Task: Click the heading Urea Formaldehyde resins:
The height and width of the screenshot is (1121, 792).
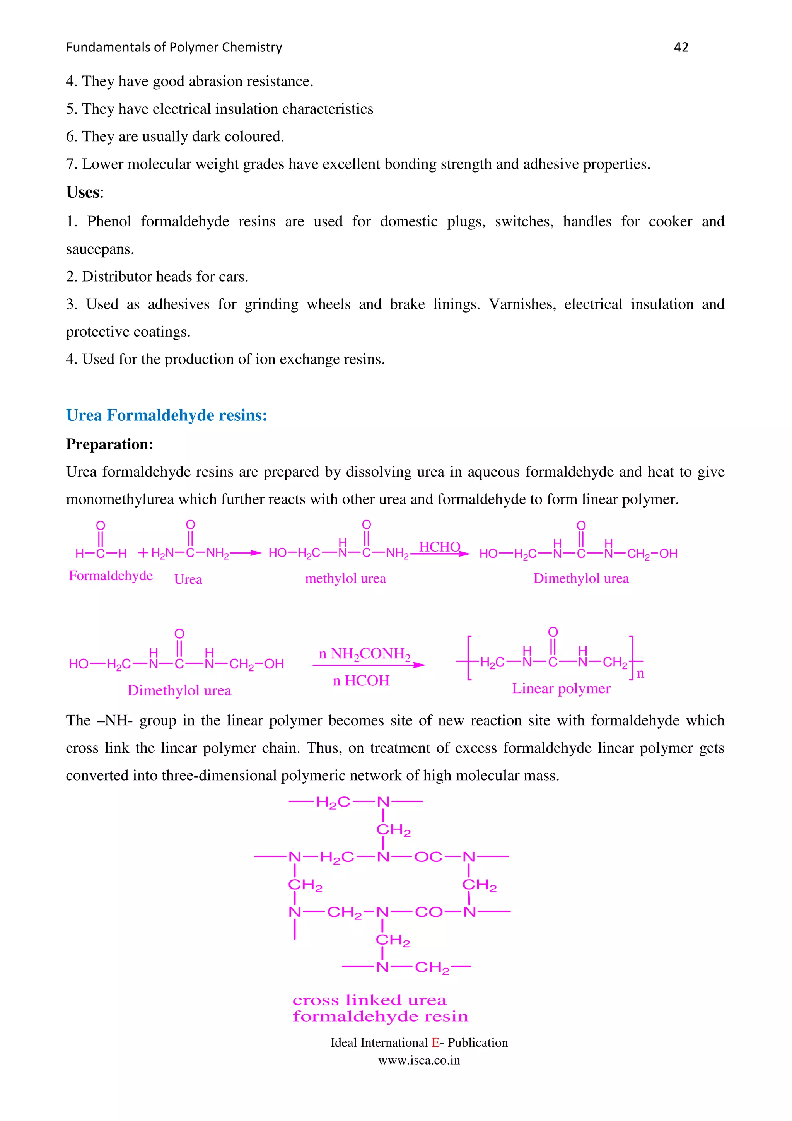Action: (166, 415)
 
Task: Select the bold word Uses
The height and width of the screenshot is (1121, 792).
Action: (83, 192)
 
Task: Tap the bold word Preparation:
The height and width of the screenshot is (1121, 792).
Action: (110, 444)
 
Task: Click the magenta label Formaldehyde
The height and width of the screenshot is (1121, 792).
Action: (111, 576)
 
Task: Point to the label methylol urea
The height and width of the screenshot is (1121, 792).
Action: (345, 579)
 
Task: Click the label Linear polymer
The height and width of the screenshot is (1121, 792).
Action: (561, 689)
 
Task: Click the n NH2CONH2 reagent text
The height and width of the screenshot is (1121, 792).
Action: (365, 654)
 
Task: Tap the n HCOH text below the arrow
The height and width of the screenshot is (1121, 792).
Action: (361, 681)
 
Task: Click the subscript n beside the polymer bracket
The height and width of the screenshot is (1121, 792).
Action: (640, 674)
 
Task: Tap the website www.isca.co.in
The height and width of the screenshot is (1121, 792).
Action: (419, 1060)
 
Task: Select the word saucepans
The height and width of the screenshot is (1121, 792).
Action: (99, 249)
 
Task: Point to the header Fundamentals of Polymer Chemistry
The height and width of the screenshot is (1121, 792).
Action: (174, 47)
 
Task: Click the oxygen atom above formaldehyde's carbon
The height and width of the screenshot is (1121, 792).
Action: (101, 525)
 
